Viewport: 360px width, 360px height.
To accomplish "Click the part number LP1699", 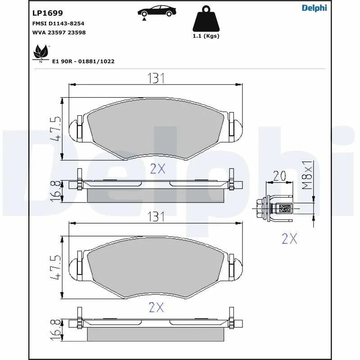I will (48, 13).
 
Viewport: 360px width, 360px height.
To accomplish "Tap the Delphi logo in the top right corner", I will (314, 8).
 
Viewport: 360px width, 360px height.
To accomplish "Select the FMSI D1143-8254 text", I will (58, 23).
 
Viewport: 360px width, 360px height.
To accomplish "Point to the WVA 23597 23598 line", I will (58, 32).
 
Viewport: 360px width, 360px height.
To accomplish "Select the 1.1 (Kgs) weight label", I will (206, 36).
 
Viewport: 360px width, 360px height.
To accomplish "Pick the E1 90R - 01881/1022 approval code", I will (83, 61).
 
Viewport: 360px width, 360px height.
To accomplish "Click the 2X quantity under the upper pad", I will (157, 169).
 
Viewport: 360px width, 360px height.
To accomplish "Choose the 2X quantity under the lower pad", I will (156, 307).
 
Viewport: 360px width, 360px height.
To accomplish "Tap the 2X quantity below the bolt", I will (289, 238).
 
